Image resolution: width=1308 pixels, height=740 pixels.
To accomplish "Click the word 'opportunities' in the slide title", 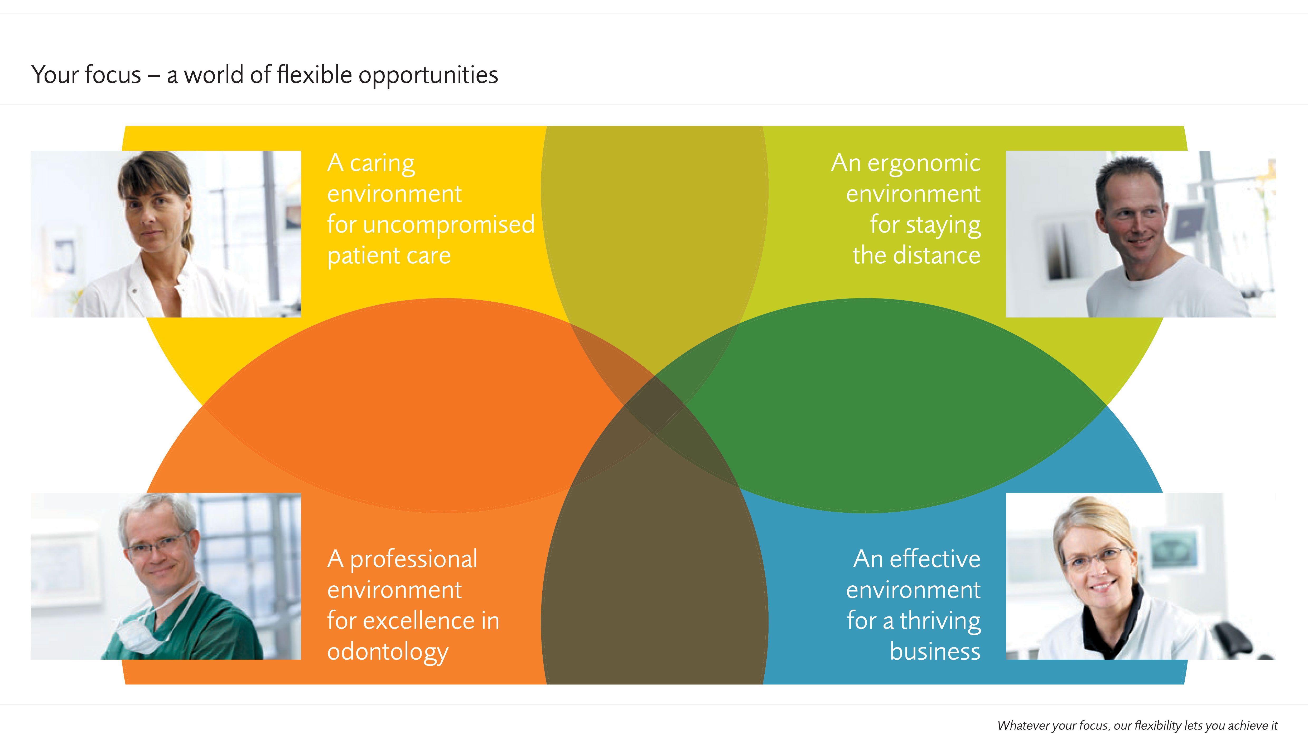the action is [428, 76].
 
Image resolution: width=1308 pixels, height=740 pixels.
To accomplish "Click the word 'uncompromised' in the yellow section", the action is [449, 225].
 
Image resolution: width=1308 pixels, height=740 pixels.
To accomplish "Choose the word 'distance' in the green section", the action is [937, 255].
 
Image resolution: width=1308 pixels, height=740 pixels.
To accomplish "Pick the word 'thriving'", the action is [940, 621].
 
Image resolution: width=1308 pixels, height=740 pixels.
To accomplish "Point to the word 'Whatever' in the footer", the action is [1022, 726].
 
